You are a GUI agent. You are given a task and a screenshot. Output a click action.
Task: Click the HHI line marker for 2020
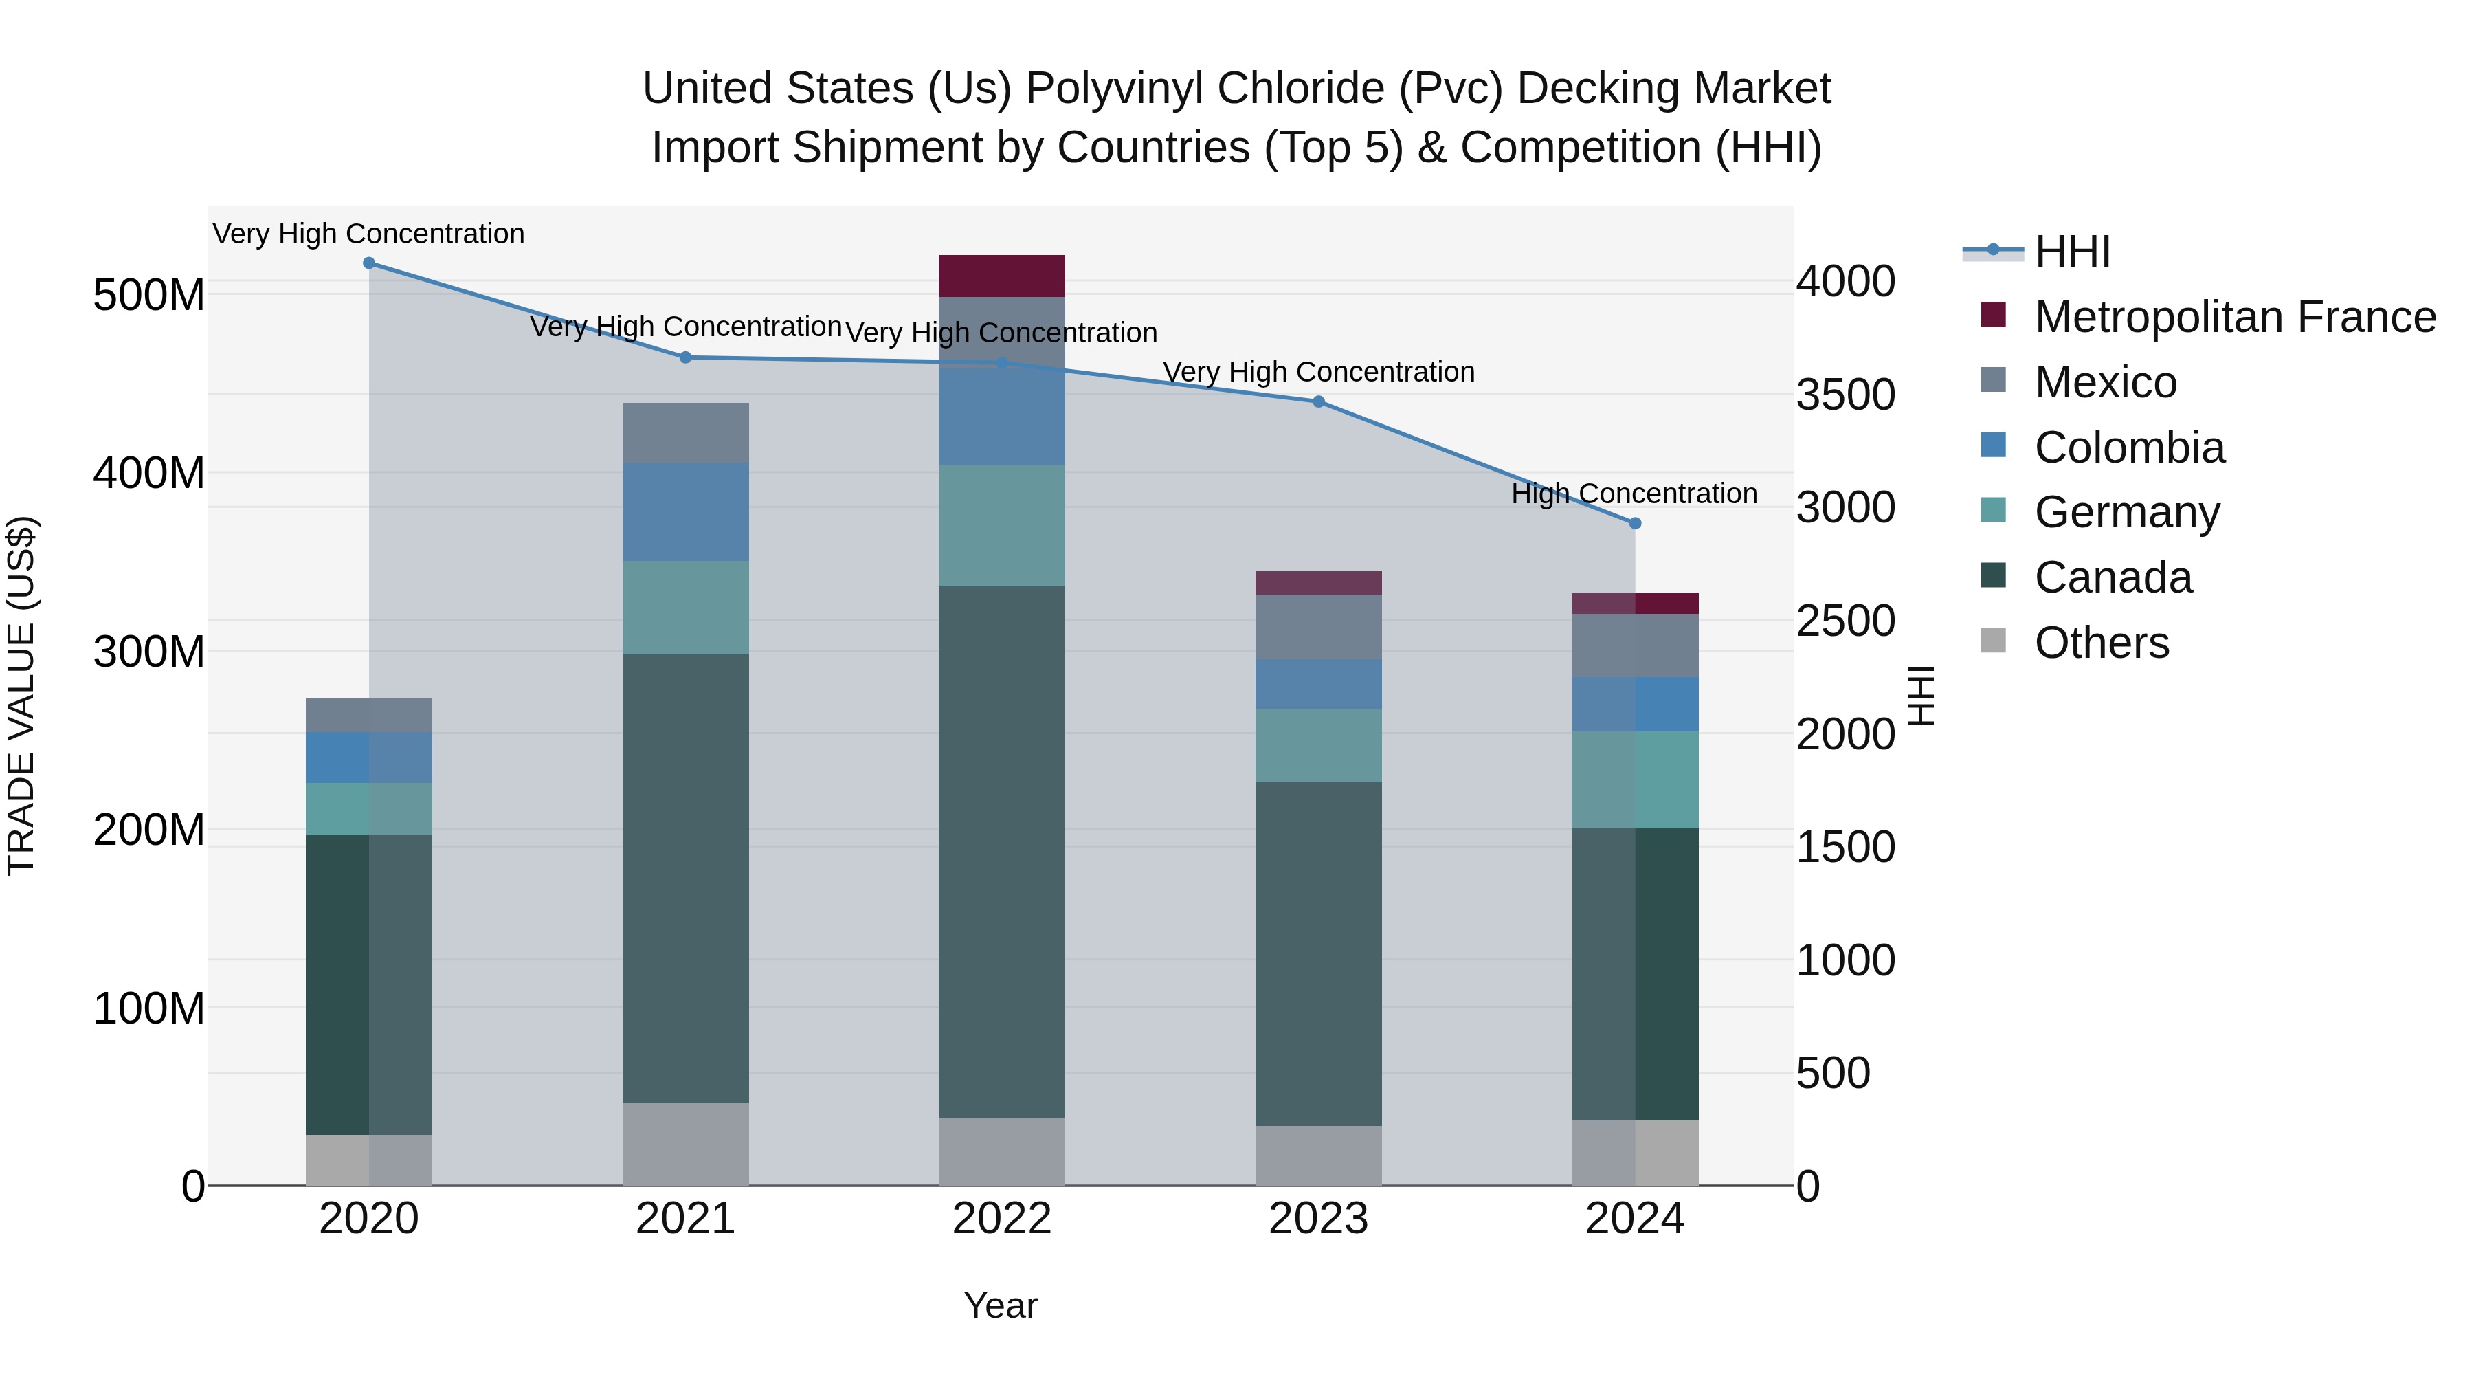369,263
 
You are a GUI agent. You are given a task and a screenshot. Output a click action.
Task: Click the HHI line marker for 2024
1635,524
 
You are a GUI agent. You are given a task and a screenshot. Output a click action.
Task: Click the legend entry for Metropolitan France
2234,317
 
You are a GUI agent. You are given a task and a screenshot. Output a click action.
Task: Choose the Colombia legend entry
2128,448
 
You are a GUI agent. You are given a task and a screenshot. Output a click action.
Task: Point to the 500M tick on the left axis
149,295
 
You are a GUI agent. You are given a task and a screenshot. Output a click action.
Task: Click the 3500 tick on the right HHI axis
1845,395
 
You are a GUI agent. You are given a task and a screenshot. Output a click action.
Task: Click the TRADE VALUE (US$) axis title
21,696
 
